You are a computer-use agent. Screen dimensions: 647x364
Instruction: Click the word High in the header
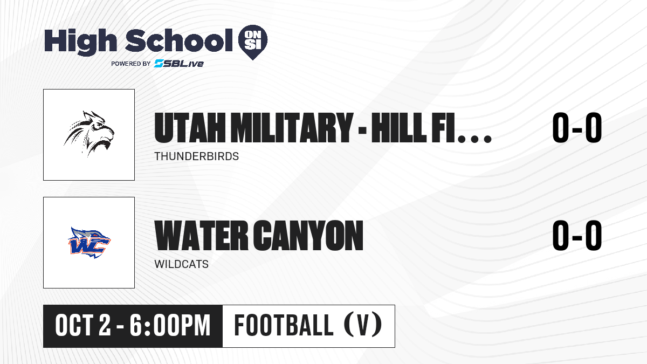tap(80, 42)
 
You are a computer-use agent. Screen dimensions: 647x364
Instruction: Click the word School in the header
tap(179, 40)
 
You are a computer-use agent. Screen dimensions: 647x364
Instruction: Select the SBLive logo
tap(179, 64)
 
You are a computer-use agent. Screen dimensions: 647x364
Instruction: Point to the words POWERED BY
tap(131, 64)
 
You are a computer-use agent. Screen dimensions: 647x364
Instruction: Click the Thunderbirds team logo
tap(89, 134)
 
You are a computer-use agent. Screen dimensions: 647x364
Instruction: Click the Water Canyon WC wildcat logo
tap(89, 243)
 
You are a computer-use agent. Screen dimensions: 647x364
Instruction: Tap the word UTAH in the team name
tap(190, 128)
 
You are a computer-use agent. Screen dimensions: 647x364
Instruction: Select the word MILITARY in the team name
tap(292, 128)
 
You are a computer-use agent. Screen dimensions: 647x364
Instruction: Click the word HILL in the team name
tap(399, 128)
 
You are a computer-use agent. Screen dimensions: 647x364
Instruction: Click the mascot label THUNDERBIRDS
tap(197, 156)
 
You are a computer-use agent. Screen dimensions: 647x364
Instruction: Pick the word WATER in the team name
tap(201, 236)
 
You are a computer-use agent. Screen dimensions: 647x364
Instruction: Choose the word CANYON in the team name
tap(308, 236)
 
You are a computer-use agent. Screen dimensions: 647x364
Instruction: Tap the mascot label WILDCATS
tap(181, 264)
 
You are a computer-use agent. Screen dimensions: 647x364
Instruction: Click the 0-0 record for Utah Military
tap(577, 128)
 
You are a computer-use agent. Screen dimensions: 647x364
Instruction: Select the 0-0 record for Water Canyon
tap(577, 236)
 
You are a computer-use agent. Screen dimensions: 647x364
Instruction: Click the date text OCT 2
tap(83, 326)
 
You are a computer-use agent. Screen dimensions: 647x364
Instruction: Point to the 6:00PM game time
tap(170, 326)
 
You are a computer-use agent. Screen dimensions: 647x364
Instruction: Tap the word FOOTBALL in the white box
tap(284, 325)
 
